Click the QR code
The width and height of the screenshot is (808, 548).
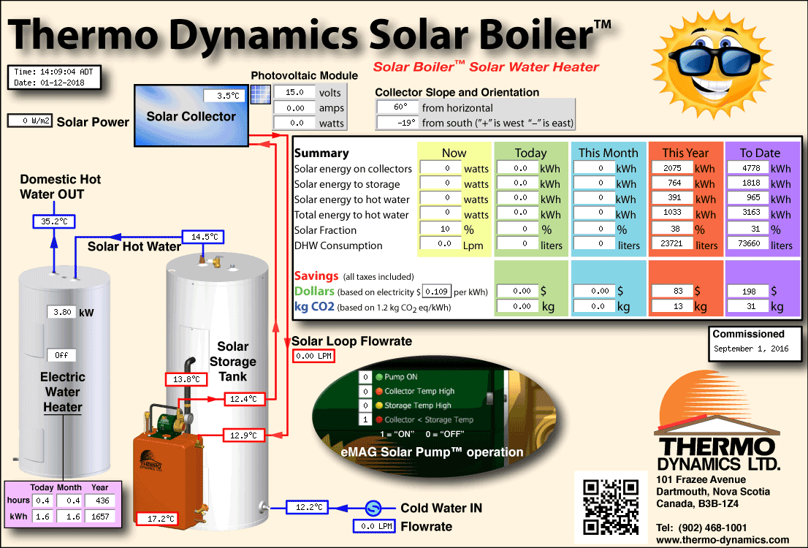coord(611,507)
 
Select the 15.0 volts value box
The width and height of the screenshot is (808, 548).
coord(294,92)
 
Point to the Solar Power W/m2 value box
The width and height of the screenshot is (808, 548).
coord(30,121)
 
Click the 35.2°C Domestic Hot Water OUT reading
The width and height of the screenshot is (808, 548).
coord(54,221)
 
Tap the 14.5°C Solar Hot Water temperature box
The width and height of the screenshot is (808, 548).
coord(203,237)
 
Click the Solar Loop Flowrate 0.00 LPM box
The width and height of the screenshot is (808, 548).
coord(313,356)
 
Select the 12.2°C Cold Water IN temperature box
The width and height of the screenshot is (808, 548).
coord(307,507)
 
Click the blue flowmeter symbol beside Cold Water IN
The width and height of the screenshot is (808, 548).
coord(373,509)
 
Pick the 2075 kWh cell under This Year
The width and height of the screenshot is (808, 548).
coord(672,168)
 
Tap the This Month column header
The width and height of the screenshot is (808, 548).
coord(608,153)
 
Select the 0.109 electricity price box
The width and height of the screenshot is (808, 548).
coord(436,292)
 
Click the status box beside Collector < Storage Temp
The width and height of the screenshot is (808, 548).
coord(365,419)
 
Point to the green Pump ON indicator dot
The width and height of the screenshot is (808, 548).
coord(379,377)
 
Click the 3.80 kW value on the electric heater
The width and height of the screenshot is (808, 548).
coord(62,312)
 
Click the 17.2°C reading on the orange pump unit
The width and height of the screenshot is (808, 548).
coord(157,519)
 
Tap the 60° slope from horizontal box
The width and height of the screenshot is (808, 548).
coord(397,107)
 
